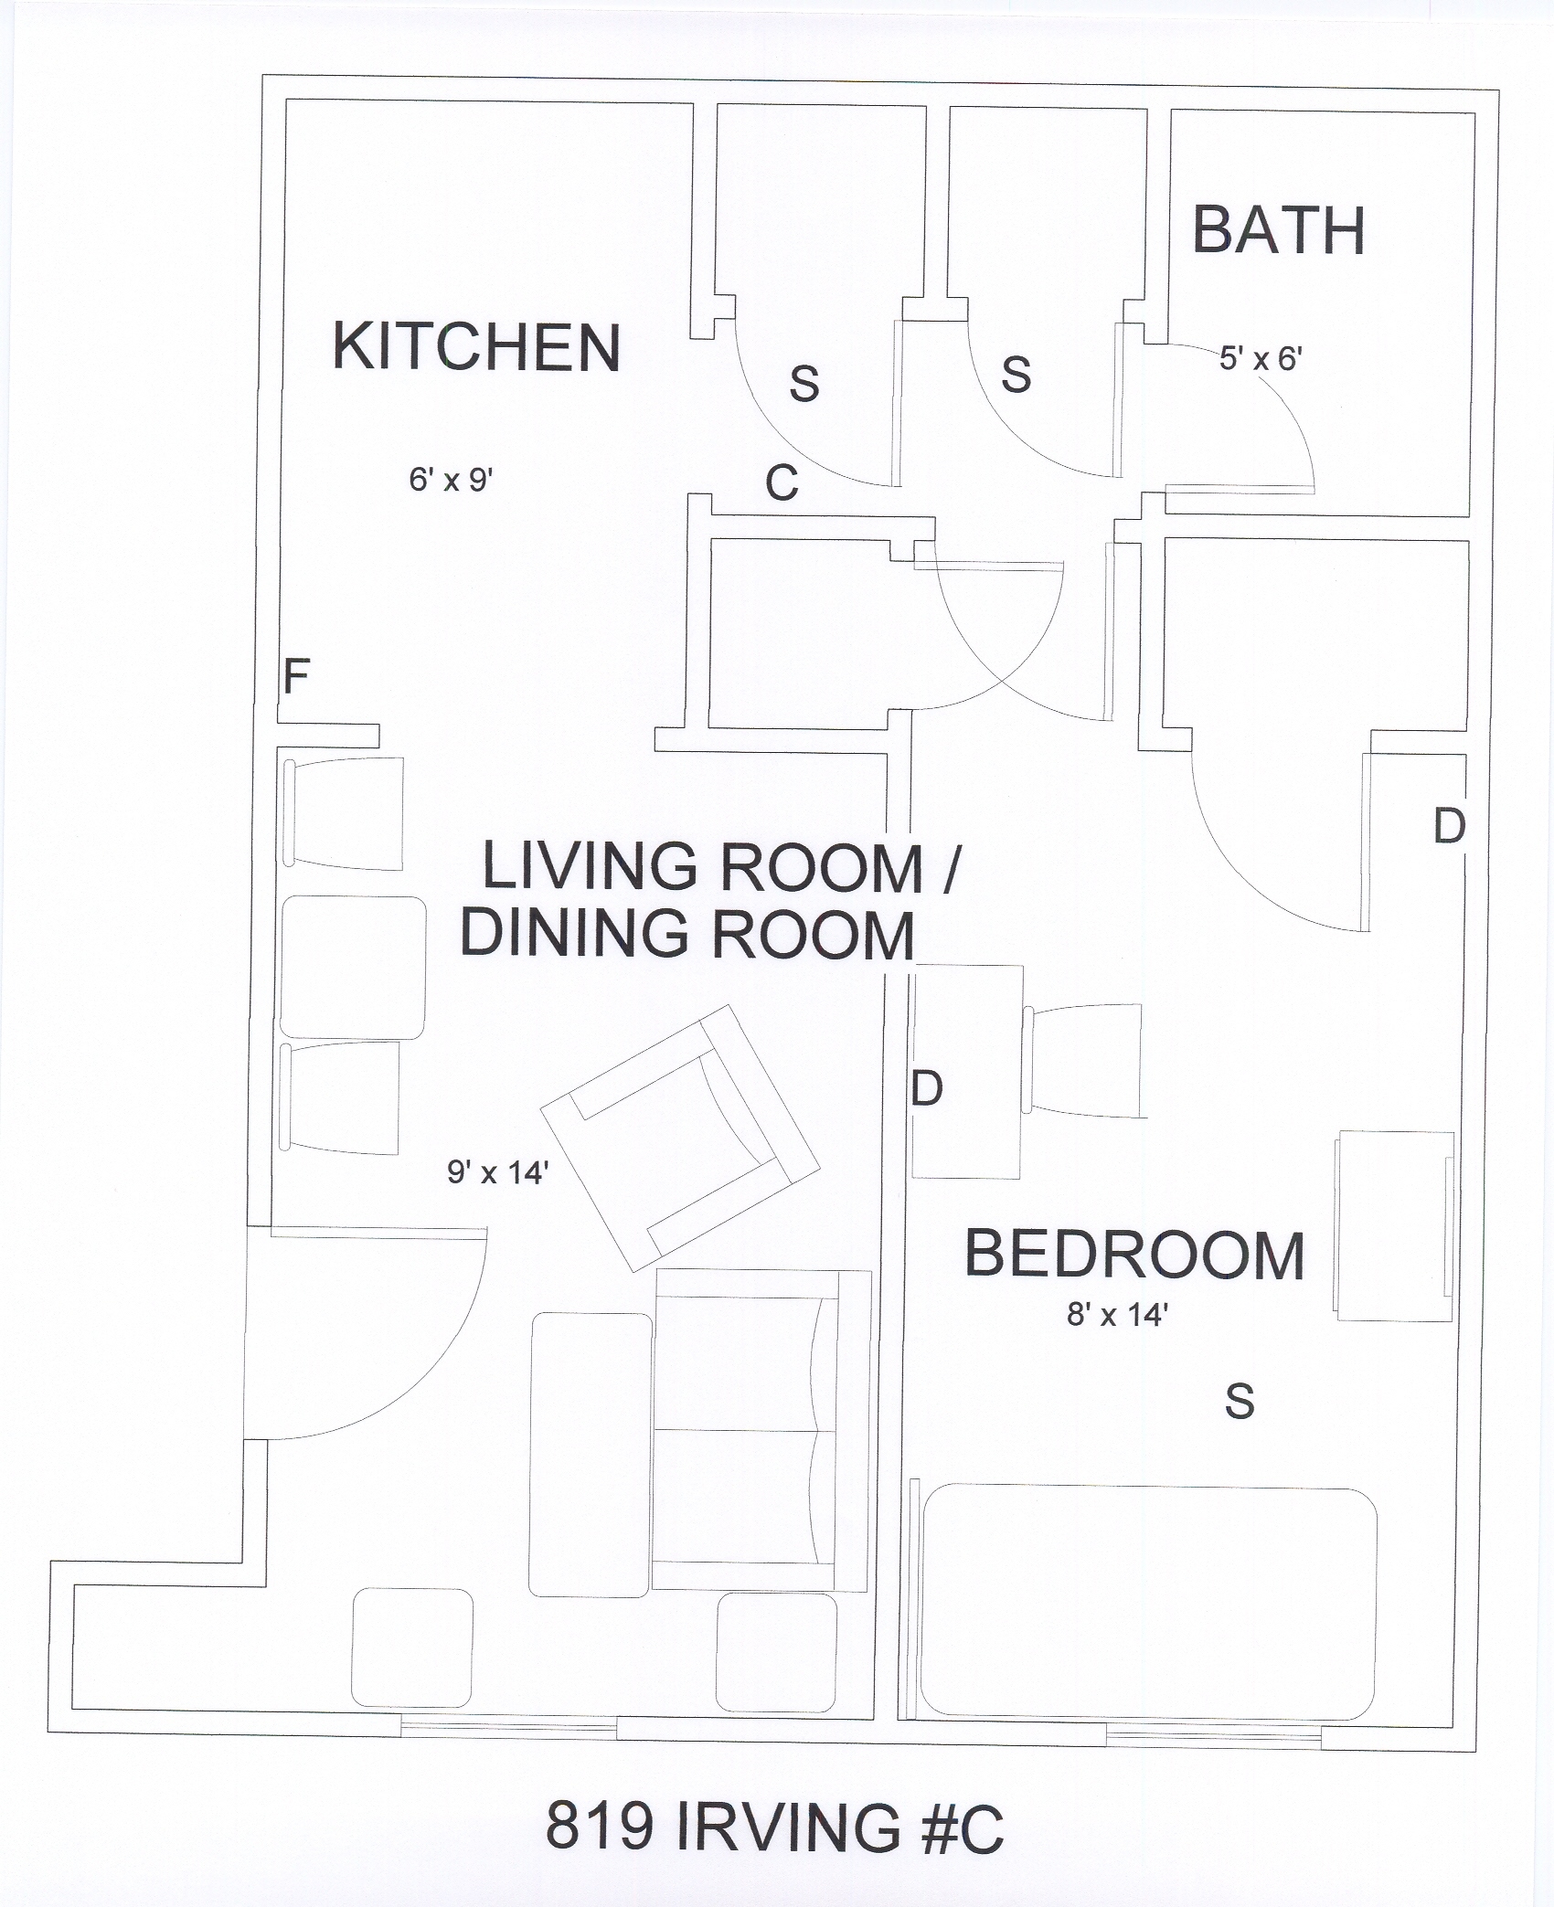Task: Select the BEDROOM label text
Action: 1134,1255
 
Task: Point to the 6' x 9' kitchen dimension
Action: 452,480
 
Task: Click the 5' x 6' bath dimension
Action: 1261,359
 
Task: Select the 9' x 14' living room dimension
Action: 497,1172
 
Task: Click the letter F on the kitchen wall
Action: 295,677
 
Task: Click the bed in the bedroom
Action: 1148,1604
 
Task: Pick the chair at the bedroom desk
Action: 1084,1060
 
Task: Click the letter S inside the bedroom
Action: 1240,1401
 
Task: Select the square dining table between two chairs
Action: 352,968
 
